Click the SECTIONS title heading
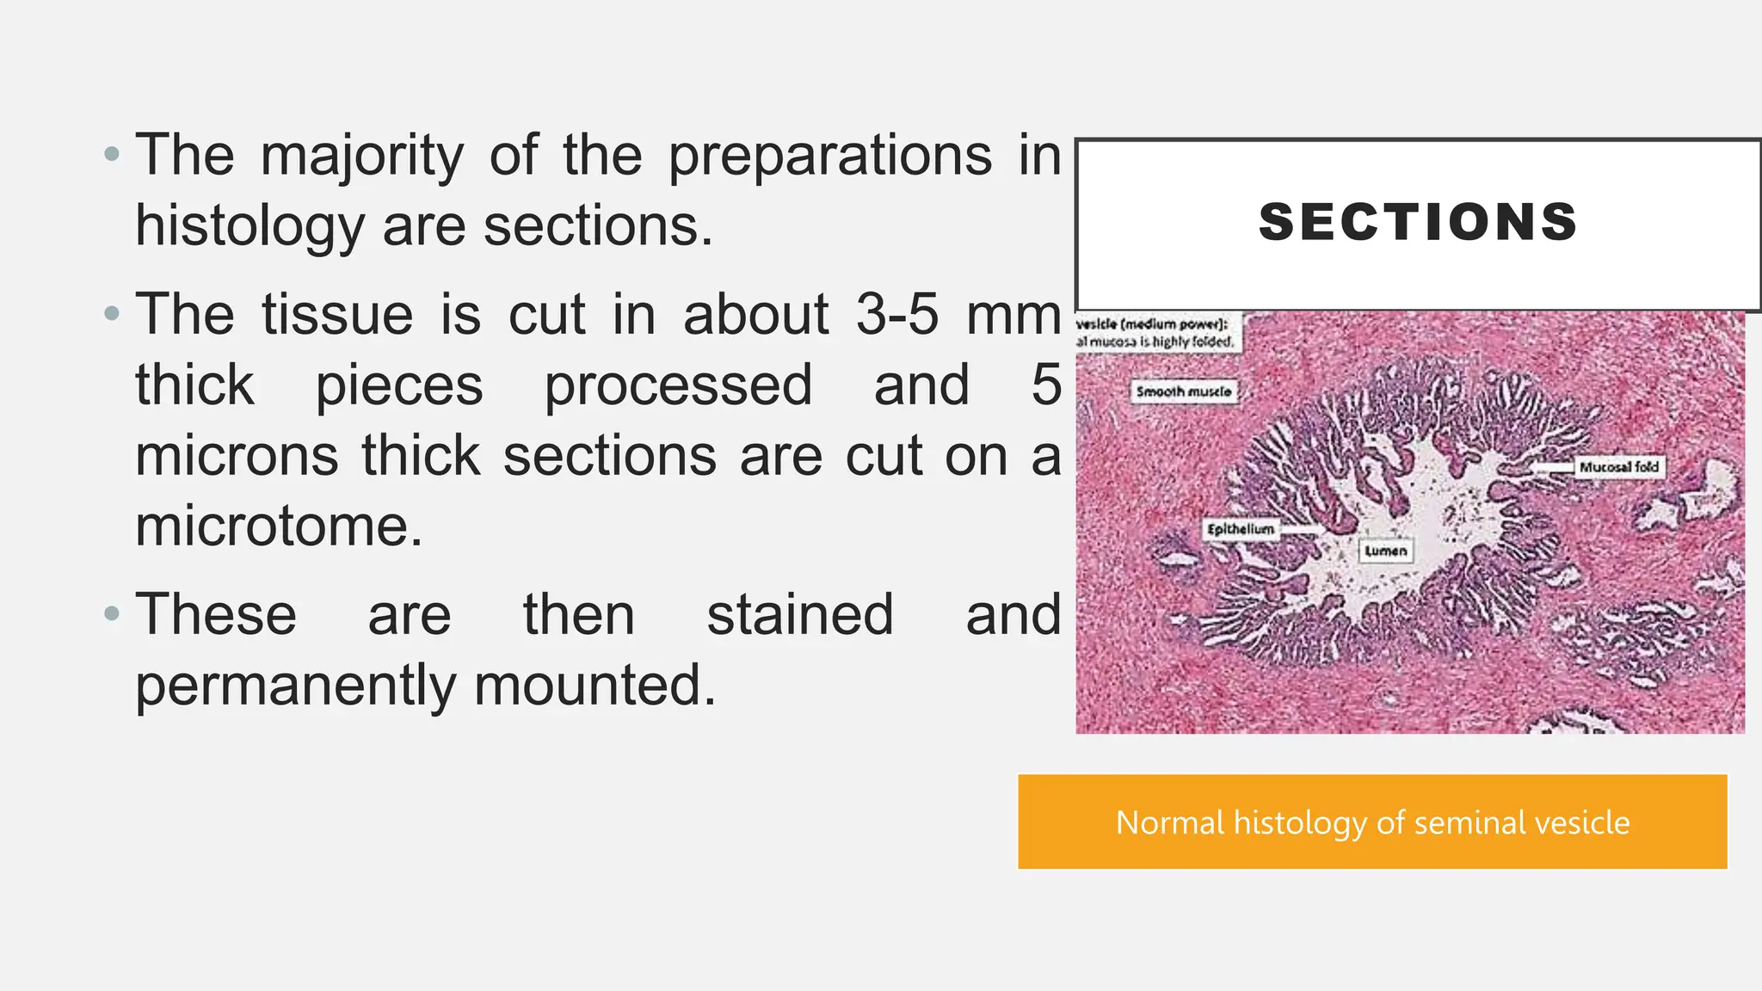coord(1418,222)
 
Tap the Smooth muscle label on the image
coord(1184,391)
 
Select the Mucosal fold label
coord(1618,467)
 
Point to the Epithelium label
coord(1240,529)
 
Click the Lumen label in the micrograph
coord(1385,551)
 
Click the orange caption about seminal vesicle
coord(1372,822)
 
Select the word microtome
coord(279,526)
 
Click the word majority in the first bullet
coord(361,156)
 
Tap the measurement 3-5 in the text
coord(896,314)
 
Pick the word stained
coord(800,615)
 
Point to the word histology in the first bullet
coord(250,226)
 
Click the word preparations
coord(829,156)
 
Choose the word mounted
coord(595,686)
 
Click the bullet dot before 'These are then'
coord(111,614)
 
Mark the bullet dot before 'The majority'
coord(111,155)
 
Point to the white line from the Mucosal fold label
coord(1554,467)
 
